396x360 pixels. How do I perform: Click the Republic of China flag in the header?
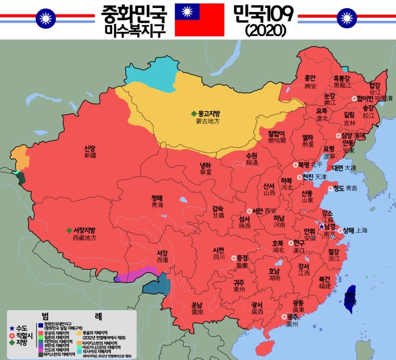click(x=199, y=19)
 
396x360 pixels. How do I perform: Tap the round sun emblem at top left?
click(x=45, y=18)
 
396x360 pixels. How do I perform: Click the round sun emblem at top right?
click(x=347, y=18)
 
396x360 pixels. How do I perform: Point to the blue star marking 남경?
click(x=322, y=227)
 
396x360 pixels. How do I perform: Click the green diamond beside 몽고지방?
click(x=194, y=113)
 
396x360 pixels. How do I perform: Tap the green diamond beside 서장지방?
click(x=69, y=230)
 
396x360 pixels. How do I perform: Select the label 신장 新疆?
click(x=90, y=152)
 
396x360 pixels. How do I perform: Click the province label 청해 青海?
click(x=157, y=201)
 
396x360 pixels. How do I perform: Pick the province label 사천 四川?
click(x=219, y=253)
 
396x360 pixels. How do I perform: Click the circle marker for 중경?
click(x=234, y=258)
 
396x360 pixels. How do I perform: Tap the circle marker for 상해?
click(x=340, y=230)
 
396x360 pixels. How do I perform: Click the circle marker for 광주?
click(x=283, y=317)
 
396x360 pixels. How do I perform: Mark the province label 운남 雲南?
click(x=197, y=308)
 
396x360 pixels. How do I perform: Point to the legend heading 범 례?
click(x=70, y=316)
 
